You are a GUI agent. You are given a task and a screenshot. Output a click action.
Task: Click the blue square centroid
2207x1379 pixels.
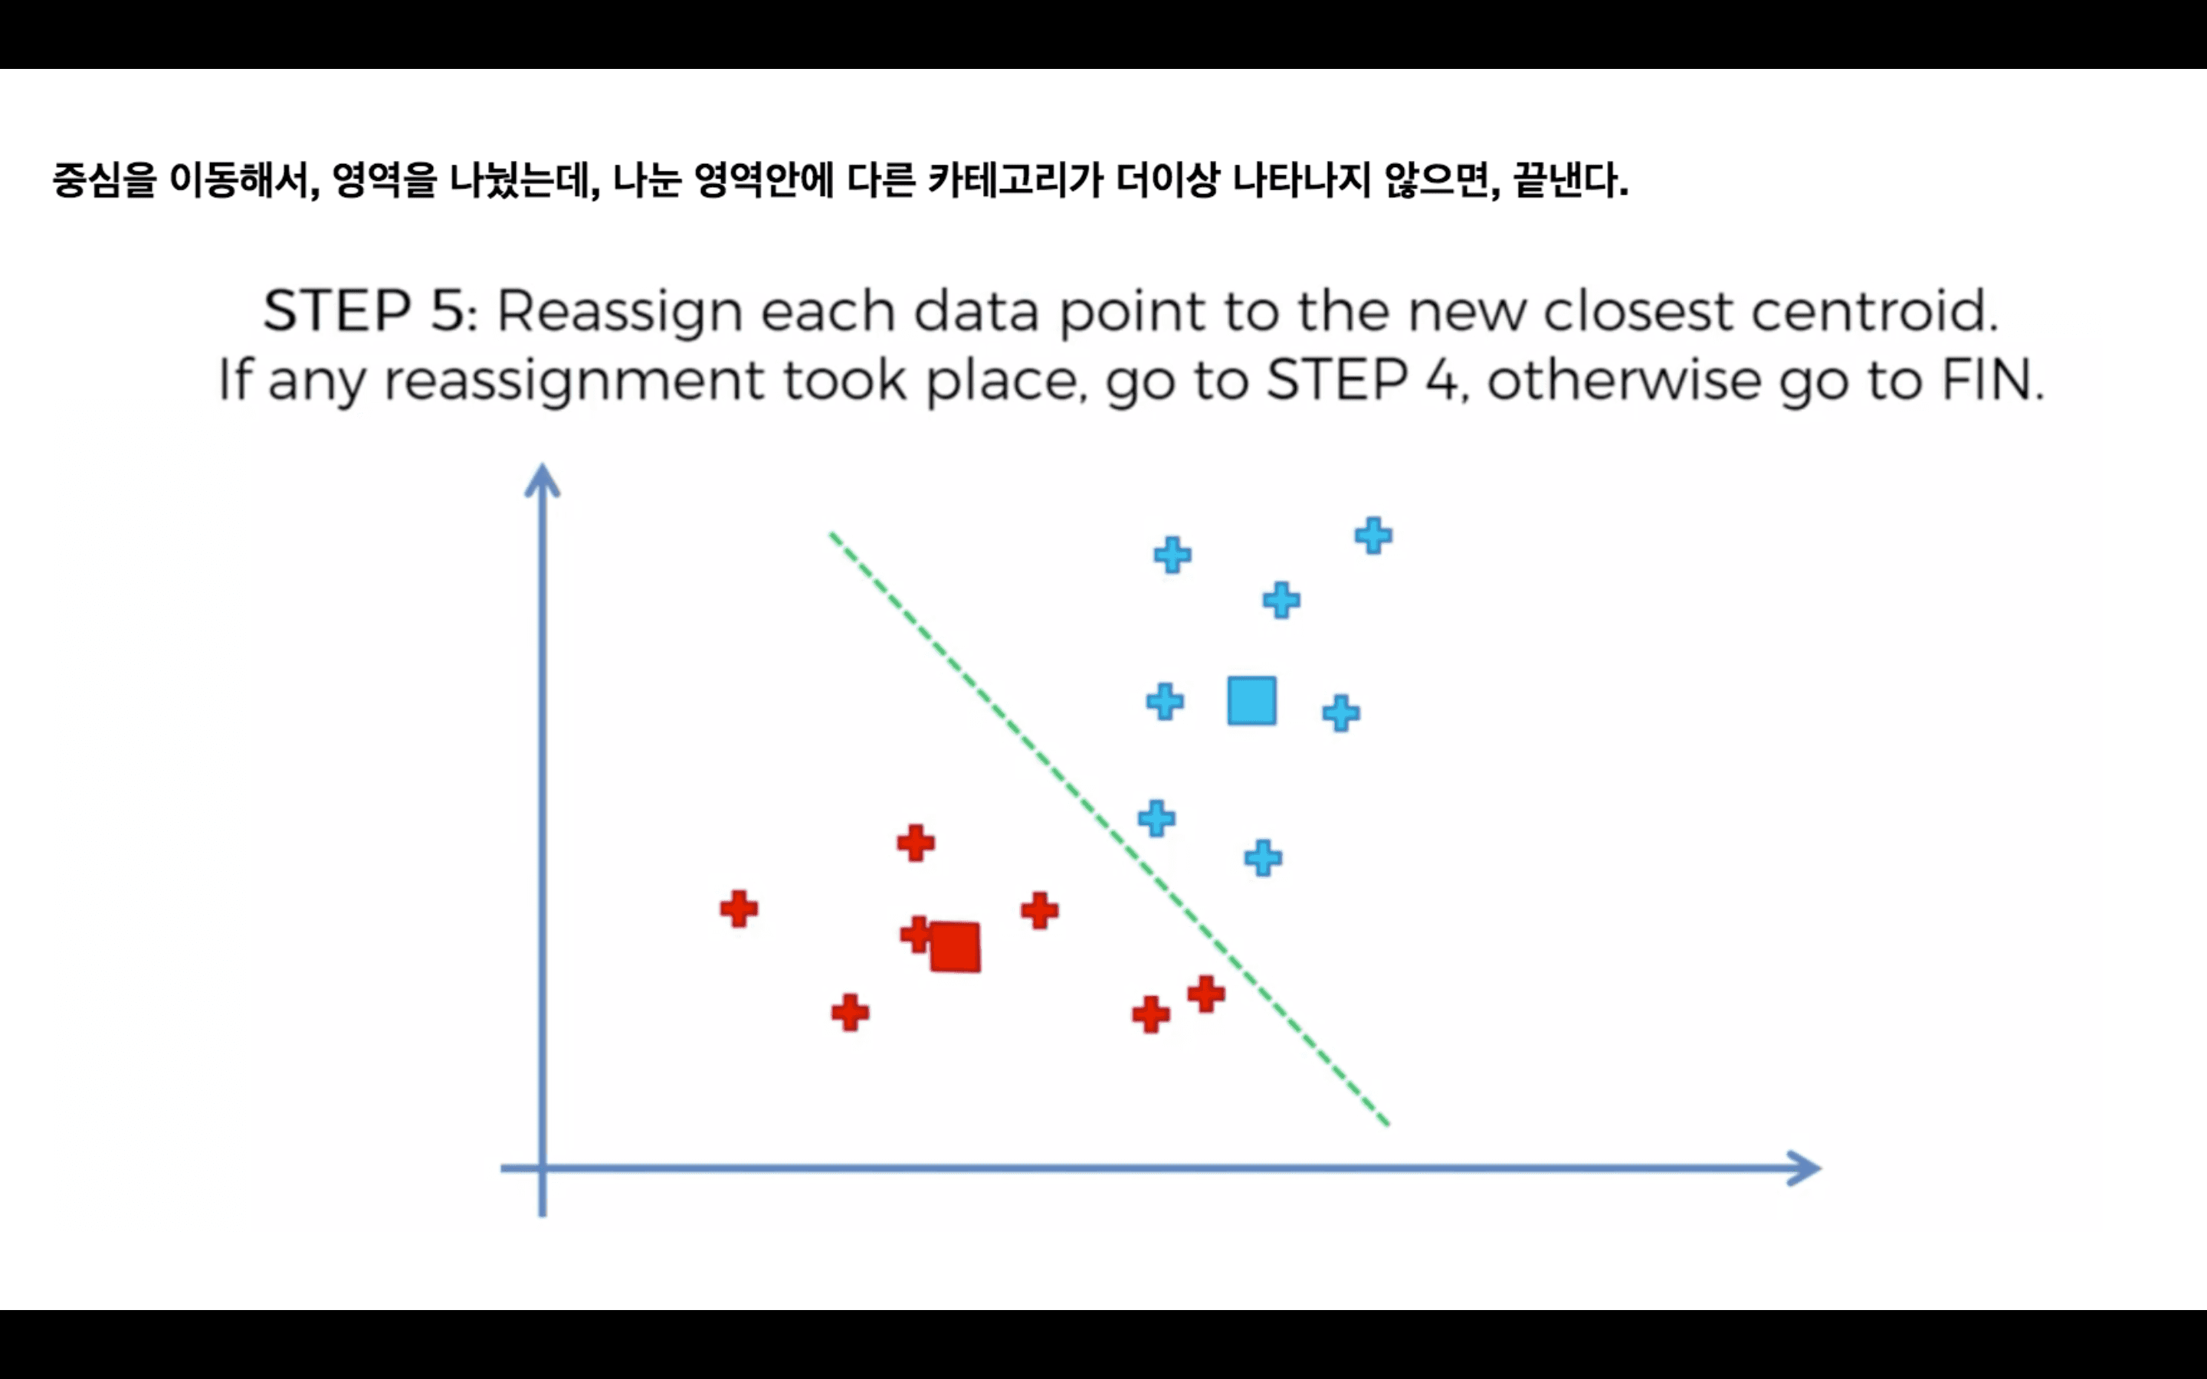1251,700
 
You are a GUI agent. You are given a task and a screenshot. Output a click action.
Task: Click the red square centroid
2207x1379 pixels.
955,947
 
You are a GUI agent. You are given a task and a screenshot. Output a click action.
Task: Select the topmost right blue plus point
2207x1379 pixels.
1373,536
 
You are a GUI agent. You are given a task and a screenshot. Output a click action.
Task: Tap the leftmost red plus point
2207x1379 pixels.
739,909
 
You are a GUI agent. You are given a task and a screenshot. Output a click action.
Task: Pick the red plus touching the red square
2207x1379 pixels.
916,934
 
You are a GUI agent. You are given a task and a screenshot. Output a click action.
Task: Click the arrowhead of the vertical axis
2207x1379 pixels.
543,479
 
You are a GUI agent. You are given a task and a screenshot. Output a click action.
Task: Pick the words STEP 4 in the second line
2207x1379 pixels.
1363,379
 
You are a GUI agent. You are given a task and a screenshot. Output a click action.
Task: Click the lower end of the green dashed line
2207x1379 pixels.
1386,1122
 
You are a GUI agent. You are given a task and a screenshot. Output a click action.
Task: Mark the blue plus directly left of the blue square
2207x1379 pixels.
1165,701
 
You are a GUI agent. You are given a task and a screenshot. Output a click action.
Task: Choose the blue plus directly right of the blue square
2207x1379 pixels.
1340,712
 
